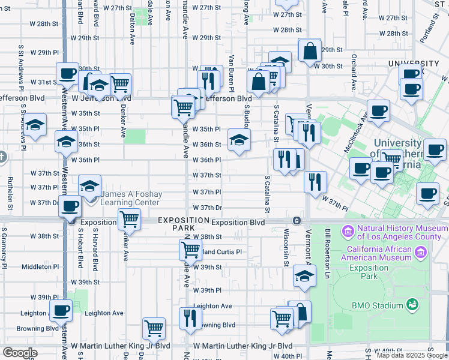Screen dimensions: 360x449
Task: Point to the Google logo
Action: coord(20,353)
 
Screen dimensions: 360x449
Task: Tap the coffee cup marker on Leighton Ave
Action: coord(61,311)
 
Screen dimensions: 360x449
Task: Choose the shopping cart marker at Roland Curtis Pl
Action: coord(190,249)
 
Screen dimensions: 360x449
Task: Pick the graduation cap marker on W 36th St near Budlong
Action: coord(239,140)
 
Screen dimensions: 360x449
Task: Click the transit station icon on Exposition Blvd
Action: coord(297,221)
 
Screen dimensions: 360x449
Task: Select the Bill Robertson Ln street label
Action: coord(328,246)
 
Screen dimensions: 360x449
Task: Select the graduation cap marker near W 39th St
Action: coord(304,276)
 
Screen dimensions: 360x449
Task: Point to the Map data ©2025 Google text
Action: coord(411,355)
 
